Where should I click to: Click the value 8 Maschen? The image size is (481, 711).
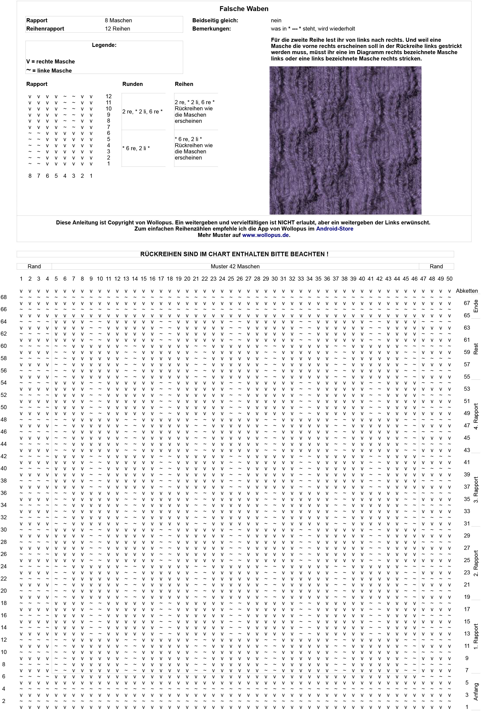coord(118,21)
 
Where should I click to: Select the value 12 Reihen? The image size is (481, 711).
coord(117,29)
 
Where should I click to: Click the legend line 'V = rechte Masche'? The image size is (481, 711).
coord(50,62)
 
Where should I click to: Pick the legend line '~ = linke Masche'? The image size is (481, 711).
coord(49,71)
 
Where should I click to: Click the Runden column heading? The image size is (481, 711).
coord(132,84)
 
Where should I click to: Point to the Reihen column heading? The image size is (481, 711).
coord(184,84)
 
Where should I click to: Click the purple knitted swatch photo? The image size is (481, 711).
coord(345,140)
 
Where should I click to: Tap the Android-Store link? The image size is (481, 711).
coord(335,229)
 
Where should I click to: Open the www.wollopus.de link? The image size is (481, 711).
coord(265,235)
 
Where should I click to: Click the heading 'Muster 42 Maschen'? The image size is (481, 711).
coord(235,266)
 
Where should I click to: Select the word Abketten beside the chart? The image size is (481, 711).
coord(467,291)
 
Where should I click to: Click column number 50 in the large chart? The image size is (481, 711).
coord(449,279)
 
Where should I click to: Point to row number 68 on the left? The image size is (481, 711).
coord(4,297)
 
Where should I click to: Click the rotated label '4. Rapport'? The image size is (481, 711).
coord(476,416)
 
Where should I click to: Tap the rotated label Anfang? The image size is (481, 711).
coord(476,692)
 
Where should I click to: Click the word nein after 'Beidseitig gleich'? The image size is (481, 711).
coord(276,21)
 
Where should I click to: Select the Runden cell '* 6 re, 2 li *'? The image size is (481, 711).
coord(136,148)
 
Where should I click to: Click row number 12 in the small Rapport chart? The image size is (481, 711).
coord(108,96)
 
